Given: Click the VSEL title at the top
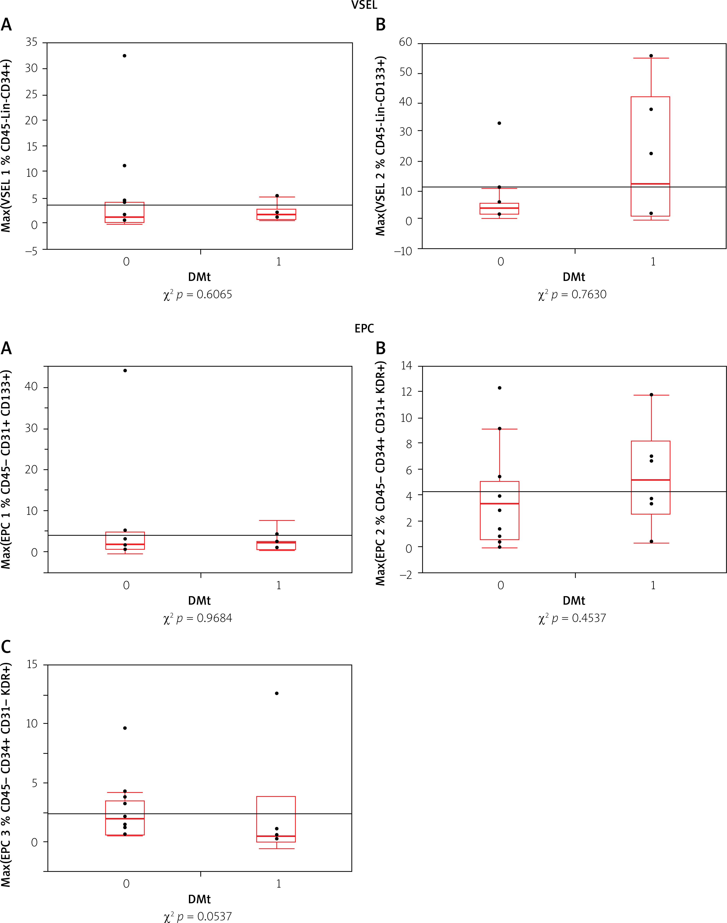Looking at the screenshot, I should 364,5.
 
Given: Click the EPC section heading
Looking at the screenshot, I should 364,328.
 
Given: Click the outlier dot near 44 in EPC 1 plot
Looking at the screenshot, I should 125,371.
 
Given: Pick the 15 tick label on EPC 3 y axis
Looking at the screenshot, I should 32,664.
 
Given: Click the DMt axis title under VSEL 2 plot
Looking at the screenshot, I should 574,277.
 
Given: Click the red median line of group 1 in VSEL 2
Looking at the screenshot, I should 650,184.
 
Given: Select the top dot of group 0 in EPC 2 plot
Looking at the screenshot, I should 500,388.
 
